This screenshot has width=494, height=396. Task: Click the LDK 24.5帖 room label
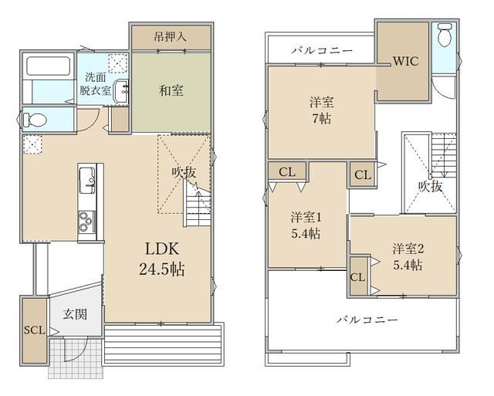click(x=162, y=259)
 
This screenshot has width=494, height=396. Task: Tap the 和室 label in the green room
click(x=171, y=91)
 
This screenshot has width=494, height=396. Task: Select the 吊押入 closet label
click(x=170, y=37)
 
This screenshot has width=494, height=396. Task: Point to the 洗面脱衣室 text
click(x=95, y=84)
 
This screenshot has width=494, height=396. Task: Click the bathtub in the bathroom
click(x=48, y=66)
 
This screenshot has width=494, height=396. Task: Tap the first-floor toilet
click(x=35, y=120)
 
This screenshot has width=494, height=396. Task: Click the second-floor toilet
click(x=445, y=34)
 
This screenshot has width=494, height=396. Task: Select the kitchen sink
click(x=86, y=181)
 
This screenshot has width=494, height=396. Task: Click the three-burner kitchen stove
click(x=86, y=221)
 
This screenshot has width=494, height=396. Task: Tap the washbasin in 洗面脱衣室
click(x=121, y=91)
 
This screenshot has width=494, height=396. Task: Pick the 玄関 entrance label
click(x=75, y=314)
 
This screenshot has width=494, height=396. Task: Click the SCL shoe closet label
click(x=35, y=330)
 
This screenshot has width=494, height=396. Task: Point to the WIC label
click(x=406, y=61)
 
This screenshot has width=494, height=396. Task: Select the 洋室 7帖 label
click(x=321, y=110)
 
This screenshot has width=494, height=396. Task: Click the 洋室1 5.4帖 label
click(x=306, y=225)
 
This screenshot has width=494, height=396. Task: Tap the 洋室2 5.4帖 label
click(x=408, y=257)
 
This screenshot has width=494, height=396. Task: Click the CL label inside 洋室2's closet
click(x=357, y=277)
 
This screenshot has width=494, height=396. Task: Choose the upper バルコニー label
click(x=322, y=50)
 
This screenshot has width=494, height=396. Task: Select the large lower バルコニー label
click(x=367, y=320)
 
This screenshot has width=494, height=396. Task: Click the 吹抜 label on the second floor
click(x=431, y=187)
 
